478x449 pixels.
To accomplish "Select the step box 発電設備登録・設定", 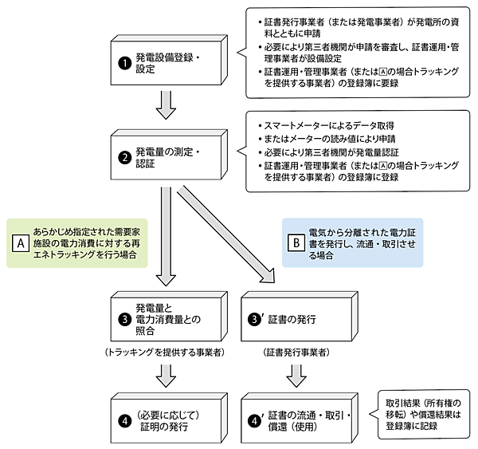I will coord(170,63).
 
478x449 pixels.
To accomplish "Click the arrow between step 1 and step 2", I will coord(167,104).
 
